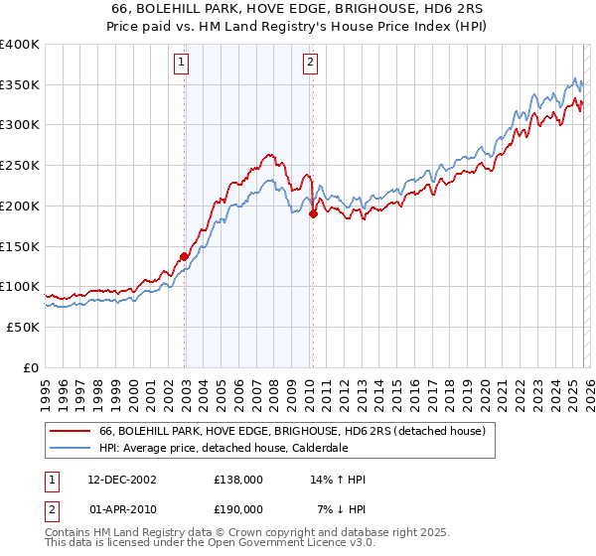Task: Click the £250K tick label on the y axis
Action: click(20, 166)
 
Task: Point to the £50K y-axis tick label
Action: click(23, 327)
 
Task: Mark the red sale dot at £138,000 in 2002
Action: click(185, 256)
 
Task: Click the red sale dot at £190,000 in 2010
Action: click(313, 213)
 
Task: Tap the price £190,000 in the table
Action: click(237, 508)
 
